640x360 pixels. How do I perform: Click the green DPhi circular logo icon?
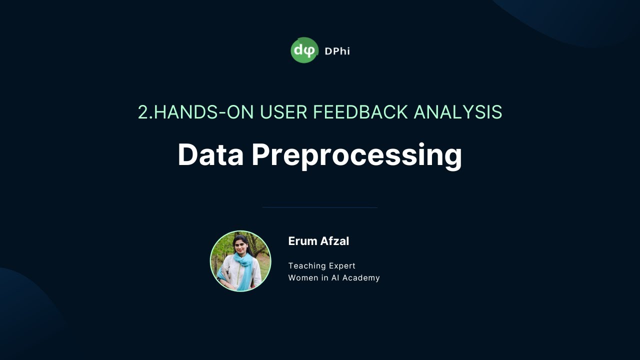[x=304, y=50]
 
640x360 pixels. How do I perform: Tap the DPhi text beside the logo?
[x=337, y=51]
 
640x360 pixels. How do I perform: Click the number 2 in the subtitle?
[x=143, y=112]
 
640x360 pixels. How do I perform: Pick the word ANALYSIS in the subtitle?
[x=457, y=112]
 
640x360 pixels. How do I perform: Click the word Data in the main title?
[x=210, y=155]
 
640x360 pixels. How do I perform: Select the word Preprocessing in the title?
[x=357, y=155]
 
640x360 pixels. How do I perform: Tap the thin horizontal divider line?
[x=320, y=207]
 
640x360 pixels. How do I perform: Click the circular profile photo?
[x=240, y=261]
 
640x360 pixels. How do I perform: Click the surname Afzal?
[x=333, y=241]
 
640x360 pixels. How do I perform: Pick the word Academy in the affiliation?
[x=362, y=278]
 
